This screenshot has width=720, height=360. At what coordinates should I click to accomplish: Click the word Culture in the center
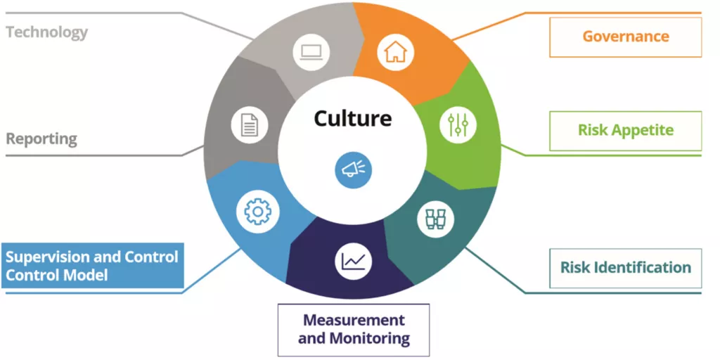click(x=352, y=118)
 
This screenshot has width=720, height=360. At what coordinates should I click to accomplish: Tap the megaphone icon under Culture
click(x=353, y=169)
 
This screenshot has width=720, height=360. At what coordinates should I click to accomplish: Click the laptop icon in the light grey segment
click(x=310, y=51)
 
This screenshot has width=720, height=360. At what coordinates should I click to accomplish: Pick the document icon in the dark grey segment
click(x=250, y=125)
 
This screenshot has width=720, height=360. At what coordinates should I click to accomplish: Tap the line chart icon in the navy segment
click(x=353, y=262)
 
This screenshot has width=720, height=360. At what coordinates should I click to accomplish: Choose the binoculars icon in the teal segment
click(x=435, y=219)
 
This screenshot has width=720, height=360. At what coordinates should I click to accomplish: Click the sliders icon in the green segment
click(x=458, y=125)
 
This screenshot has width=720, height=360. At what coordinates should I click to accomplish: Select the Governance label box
click(x=625, y=37)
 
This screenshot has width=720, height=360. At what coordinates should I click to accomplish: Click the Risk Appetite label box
click(x=625, y=130)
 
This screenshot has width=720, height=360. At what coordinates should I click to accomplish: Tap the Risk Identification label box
click(x=625, y=268)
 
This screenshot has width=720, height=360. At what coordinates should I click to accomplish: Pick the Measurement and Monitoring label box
click(x=354, y=329)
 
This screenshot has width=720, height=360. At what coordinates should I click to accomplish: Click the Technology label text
click(x=47, y=32)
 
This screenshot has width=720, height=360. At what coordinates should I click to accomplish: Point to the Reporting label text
click(x=41, y=139)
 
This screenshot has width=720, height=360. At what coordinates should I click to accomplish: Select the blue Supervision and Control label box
click(x=92, y=266)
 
